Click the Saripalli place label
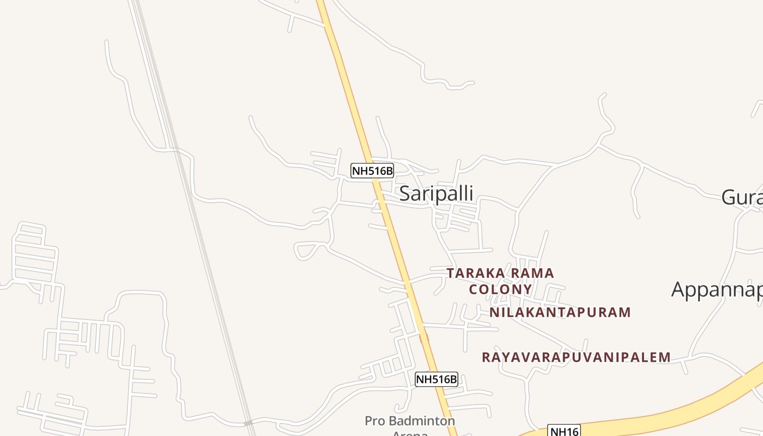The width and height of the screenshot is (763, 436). (436, 193)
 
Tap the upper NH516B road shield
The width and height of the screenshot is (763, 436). (372, 171)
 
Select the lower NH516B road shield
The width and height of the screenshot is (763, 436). (436, 379)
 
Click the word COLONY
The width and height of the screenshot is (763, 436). (500, 289)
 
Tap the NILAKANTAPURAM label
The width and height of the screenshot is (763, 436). (560, 312)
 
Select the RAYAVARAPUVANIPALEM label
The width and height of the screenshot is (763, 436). (576, 357)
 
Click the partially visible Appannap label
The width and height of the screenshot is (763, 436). (717, 289)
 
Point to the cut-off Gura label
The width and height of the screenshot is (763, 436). (742, 197)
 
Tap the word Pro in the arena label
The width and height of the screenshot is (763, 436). (375, 421)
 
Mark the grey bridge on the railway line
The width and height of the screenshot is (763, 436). (249, 423)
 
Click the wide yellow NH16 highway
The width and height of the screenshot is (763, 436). (681, 406)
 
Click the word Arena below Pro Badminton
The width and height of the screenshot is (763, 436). (410, 433)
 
